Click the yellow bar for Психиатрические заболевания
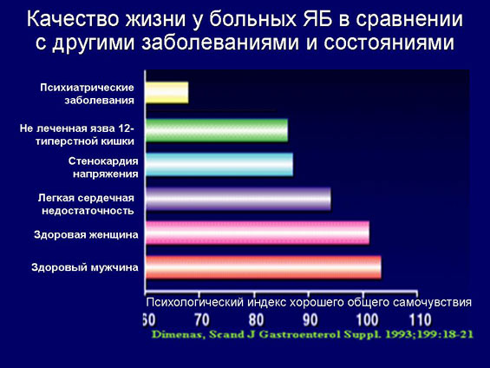pos(167,93)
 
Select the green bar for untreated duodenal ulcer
pos(217,130)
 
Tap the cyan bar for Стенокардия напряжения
pos(219,164)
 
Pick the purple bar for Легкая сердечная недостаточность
pos(238,199)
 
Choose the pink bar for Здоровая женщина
pos(258,233)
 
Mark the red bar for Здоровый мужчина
pos(264,267)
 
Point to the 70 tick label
pos(202,320)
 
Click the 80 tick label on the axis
pos(256,320)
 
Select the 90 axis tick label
pos(310,320)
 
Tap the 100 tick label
pos(368,320)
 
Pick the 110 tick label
pos(421,320)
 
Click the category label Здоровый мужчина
pos(85,267)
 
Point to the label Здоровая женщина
pos(86,234)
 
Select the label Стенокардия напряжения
pos(103,168)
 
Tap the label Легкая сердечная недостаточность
pos(86,204)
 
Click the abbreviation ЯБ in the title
pos(317,19)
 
